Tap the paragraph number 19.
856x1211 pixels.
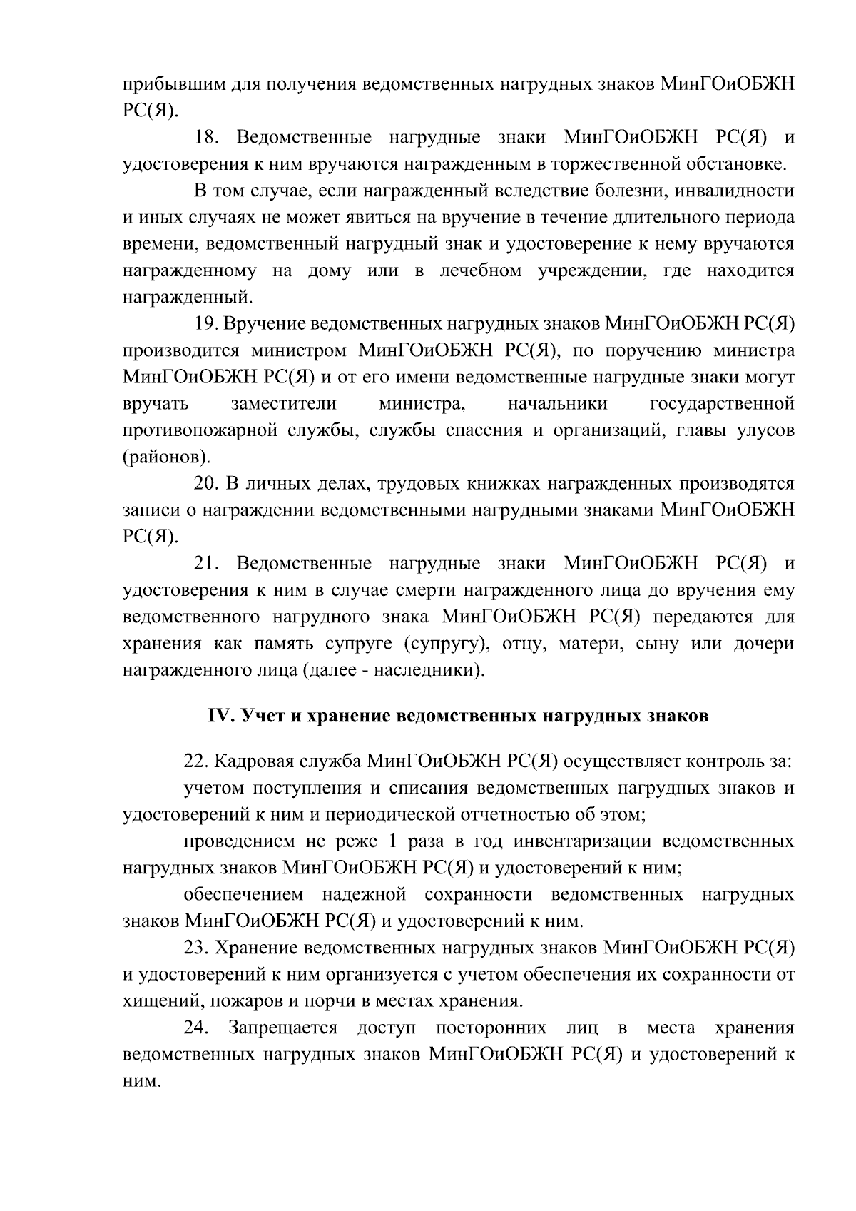(206, 324)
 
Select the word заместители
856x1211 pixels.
(283, 404)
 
